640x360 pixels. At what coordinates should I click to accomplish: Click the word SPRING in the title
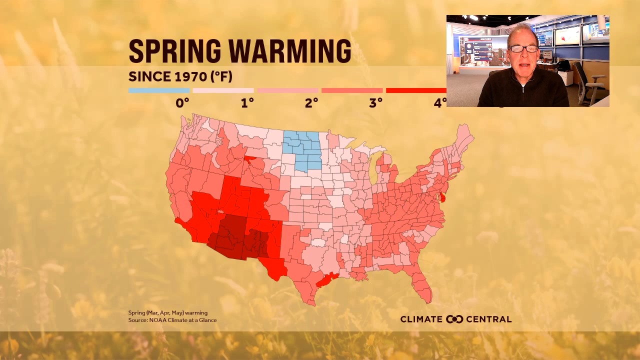174,50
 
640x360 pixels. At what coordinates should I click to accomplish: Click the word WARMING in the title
290,50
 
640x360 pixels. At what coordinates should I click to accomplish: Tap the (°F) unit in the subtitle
220,77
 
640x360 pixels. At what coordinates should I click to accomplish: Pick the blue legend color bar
159,90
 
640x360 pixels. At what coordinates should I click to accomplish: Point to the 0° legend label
182,103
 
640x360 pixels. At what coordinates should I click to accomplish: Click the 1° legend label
247,103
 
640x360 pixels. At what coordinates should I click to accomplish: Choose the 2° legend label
311,103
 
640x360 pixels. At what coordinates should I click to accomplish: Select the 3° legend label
376,103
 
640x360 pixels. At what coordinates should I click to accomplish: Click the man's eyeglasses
523,49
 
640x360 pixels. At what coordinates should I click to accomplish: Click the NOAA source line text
172,320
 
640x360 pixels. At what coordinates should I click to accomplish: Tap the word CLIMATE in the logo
421,319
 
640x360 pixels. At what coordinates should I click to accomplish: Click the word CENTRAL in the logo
489,319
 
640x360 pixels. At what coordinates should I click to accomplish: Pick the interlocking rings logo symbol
454,319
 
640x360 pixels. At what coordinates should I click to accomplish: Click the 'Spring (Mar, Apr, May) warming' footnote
167,313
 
